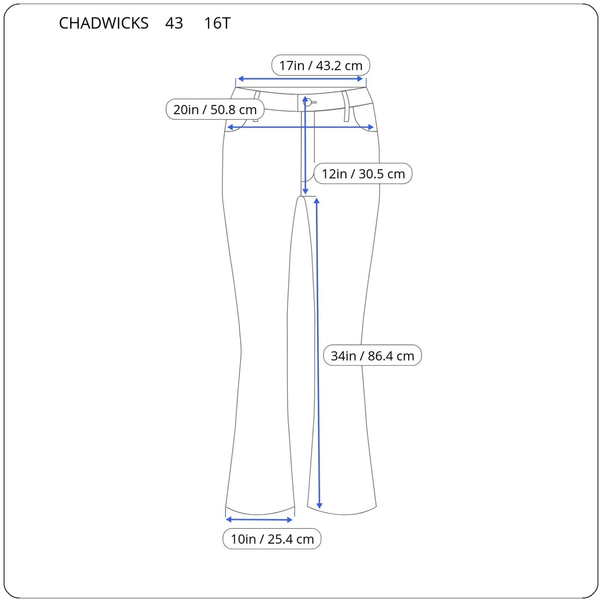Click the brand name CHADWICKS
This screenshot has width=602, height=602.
pos(103,23)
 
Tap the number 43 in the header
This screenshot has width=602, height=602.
pos(174,23)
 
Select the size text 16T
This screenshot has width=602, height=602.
pos(217,23)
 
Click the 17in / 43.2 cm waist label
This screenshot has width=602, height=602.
pos(320,65)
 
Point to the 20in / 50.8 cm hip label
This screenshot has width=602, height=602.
pos(215,110)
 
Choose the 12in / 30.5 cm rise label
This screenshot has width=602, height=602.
pos(363,174)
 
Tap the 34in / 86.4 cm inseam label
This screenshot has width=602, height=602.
pos(372,356)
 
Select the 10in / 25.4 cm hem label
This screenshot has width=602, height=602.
pos(272,539)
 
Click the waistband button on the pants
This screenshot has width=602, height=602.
pos(308,102)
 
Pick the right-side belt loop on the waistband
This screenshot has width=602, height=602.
pos(346,107)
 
